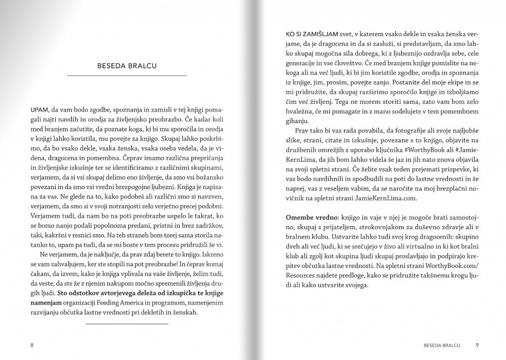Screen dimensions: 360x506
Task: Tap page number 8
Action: pyautogui.click(x=32, y=345)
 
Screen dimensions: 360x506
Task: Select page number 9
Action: pyautogui.click(x=477, y=345)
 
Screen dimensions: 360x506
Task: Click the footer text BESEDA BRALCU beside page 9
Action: pyautogui.click(x=439, y=345)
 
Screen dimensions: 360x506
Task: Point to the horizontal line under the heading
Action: pyautogui.click(x=126, y=76)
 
